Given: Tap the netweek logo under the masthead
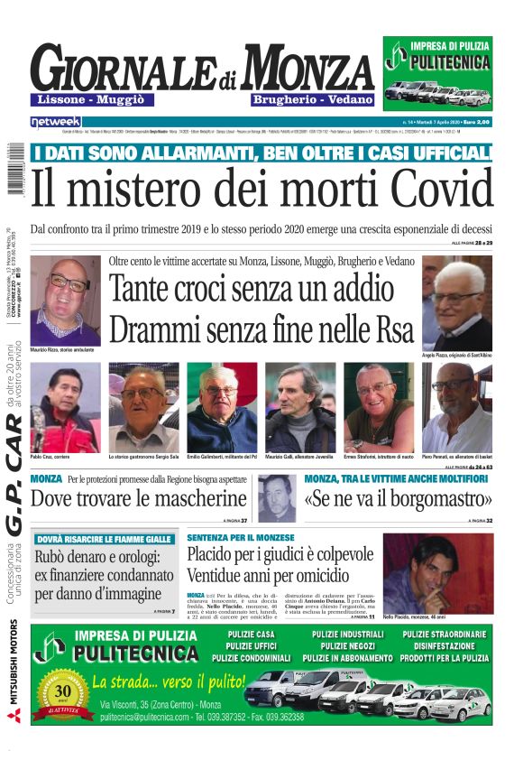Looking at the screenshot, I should (x=56, y=121).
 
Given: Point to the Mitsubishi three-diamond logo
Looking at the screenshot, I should (x=14, y=716).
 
